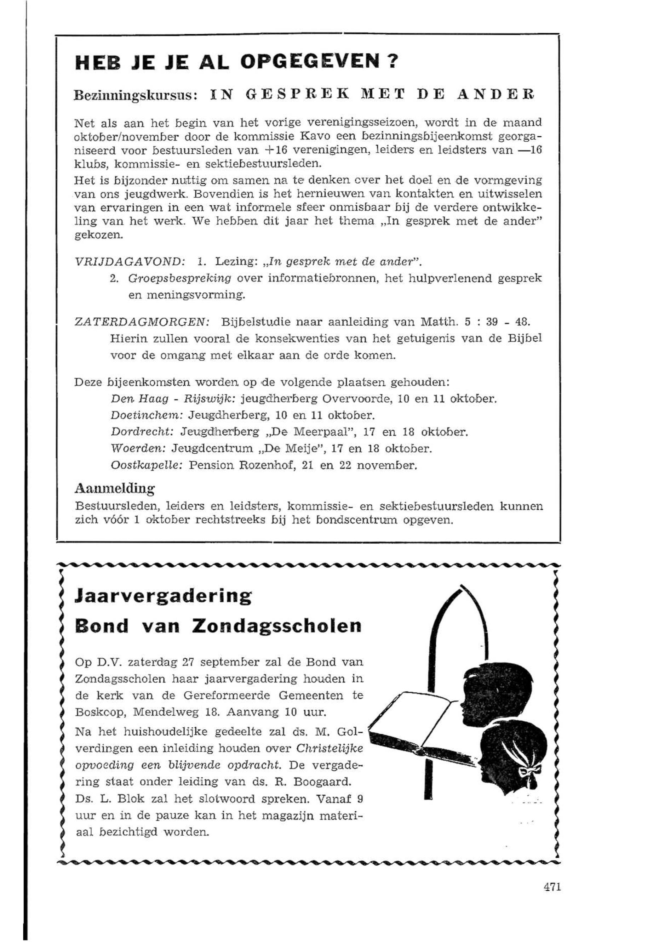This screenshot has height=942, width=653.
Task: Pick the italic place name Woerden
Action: (138, 449)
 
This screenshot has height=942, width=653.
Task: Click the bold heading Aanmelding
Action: (115, 488)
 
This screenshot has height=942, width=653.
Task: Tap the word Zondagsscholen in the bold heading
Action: (280, 627)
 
